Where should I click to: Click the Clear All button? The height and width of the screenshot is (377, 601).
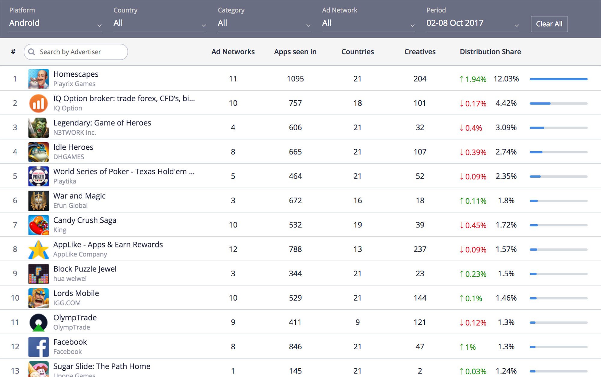tap(549, 24)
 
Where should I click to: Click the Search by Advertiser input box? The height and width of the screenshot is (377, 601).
tap(76, 52)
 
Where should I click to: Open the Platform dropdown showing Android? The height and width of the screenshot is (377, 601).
tap(56, 23)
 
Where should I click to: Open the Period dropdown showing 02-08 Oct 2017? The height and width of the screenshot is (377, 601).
tap(473, 23)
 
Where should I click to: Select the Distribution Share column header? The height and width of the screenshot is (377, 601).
tap(490, 52)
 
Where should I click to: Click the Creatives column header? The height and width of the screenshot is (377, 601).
tap(420, 52)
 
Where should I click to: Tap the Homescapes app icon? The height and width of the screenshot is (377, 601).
tap(38, 79)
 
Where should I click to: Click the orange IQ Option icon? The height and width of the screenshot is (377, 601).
tap(38, 103)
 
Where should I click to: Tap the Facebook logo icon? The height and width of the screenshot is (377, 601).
tap(38, 347)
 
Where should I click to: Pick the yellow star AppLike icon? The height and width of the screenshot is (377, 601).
tap(38, 249)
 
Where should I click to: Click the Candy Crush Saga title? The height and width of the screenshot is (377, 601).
tap(85, 220)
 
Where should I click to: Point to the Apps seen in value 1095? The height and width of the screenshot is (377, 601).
tap(295, 79)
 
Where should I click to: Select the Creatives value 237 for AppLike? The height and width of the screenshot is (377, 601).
tap(420, 249)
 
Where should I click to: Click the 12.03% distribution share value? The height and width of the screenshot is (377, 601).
tap(506, 79)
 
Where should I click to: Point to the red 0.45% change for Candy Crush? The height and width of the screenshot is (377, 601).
tap(473, 225)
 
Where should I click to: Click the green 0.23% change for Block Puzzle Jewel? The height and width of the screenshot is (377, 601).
tap(473, 274)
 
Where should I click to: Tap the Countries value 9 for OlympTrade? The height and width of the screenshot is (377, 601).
tap(358, 322)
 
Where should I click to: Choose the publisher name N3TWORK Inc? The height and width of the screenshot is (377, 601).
tap(75, 133)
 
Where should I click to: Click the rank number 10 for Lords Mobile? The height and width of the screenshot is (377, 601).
tap(15, 298)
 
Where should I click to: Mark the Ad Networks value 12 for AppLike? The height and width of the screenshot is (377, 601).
tap(233, 249)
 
